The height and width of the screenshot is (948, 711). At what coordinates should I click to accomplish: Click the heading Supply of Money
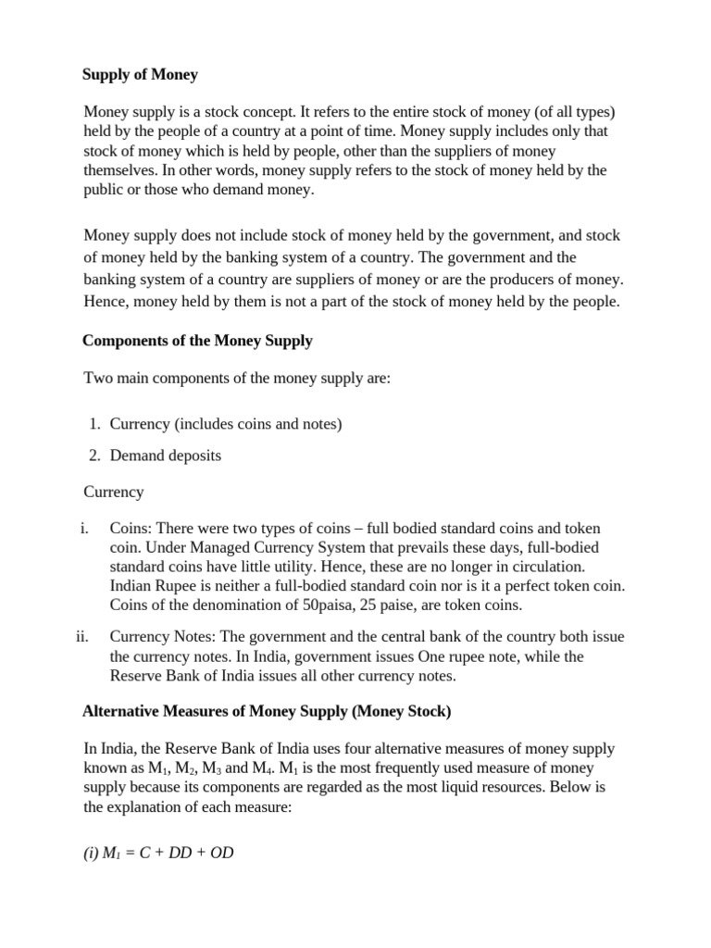140,75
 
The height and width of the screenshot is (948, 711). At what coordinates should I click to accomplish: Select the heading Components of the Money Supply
197,341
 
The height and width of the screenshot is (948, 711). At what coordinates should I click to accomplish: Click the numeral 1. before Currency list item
94,424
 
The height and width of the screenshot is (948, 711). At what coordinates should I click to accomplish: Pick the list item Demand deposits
166,455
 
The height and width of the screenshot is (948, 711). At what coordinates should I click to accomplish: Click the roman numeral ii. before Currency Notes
81,636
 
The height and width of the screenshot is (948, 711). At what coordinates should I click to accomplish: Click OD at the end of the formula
221,853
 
